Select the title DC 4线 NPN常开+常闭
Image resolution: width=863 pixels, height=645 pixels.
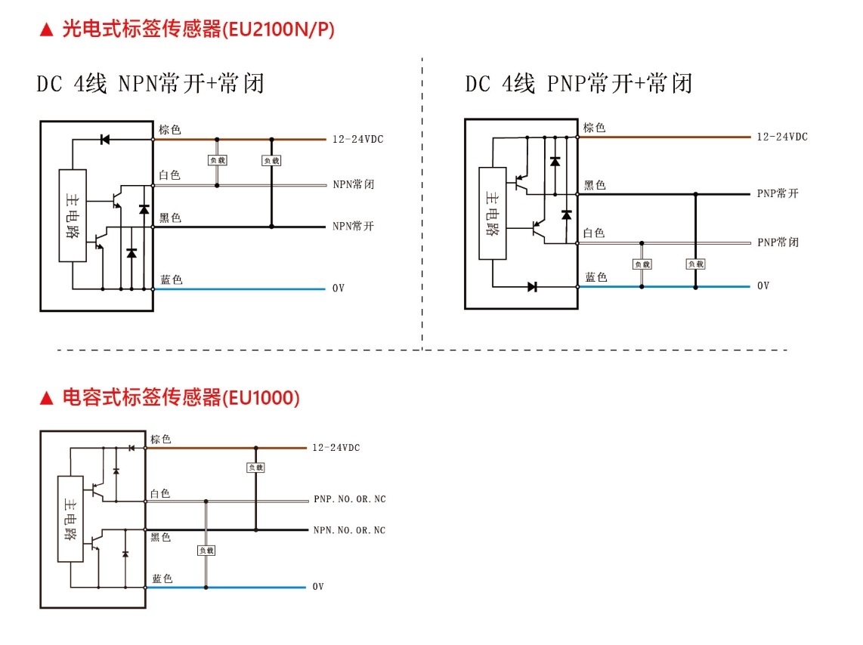[x=150, y=83]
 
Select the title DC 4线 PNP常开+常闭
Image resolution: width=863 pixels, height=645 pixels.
[x=579, y=83]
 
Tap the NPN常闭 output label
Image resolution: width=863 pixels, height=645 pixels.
[x=353, y=184]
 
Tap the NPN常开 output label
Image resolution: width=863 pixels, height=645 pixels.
[x=353, y=227]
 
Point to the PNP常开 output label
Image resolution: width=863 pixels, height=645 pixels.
[x=778, y=193]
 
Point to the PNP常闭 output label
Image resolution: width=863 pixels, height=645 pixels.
[x=778, y=242]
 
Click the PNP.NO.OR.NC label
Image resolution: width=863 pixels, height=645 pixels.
[x=349, y=499]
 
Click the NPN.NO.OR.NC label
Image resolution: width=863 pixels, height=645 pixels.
[x=349, y=530]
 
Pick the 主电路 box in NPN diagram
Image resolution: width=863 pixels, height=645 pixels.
[x=73, y=215]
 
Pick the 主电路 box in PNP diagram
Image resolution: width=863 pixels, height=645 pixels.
[x=493, y=214]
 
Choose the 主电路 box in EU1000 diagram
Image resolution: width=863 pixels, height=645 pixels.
[x=70, y=519]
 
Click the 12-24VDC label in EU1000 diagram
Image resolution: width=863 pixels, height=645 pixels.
[x=336, y=448]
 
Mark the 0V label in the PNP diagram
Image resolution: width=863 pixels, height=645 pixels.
[x=763, y=286]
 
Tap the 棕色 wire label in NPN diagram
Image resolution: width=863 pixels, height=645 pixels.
[x=169, y=130]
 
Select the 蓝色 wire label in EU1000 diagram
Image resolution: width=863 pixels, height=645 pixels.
[x=162, y=579]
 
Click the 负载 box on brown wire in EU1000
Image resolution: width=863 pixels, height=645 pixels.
[x=255, y=468]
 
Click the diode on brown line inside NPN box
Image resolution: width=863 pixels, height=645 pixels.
[x=105, y=139]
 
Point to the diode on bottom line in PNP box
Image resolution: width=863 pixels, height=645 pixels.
[x=532, y=286]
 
